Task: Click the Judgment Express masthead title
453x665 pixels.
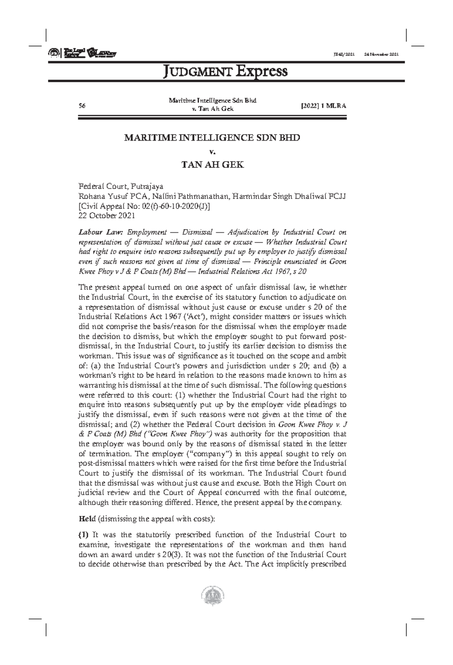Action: pyautogui.click(x=225, y=71)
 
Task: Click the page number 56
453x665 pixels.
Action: pyautogui.click(x=82, y=106)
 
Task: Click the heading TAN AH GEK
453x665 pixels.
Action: pyautogui.click(x=212, y=165)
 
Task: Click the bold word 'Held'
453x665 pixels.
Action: pyautogui.click(x=87, y=519)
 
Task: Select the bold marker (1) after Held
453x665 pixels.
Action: pyautogui.click(x=83, y=535)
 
